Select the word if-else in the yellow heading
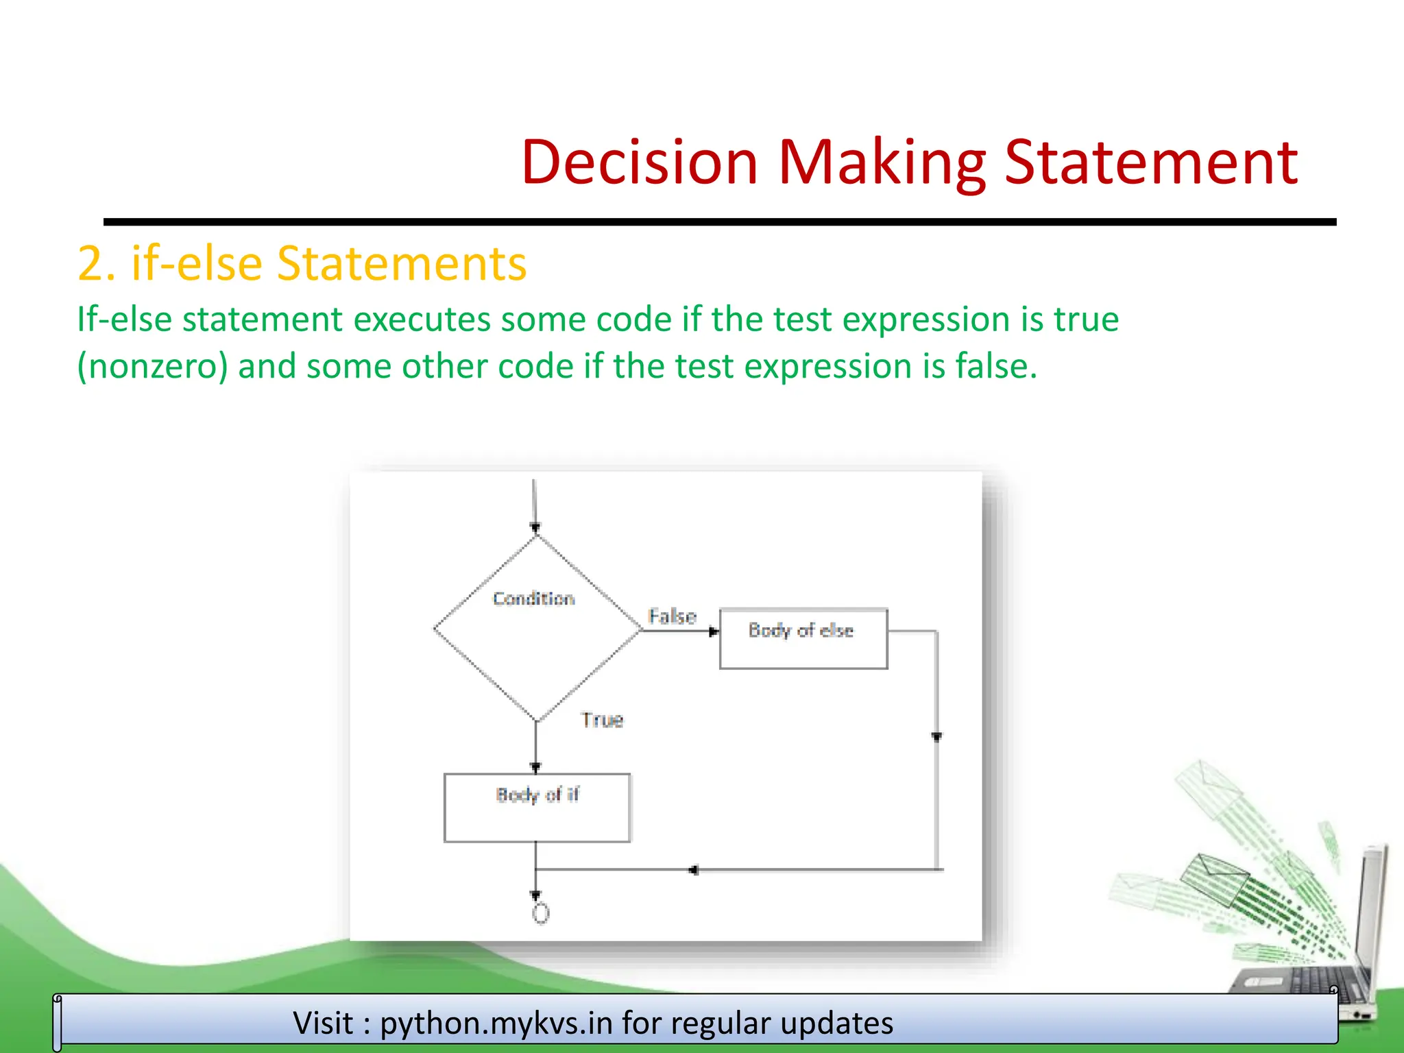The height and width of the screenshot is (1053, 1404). pos(196,264)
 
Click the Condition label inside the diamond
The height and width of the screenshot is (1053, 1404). pos(533,598)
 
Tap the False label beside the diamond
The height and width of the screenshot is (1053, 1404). pos(672,616)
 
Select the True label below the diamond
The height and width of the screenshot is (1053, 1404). pos(602,720)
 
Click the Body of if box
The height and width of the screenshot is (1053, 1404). pos(537,808)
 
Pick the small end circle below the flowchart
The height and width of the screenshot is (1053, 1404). pos(541,913)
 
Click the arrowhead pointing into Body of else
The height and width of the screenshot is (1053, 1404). pos(714,631)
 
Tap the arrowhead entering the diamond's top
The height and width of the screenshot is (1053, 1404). pos(535,528)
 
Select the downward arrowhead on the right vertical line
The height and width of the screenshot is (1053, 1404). pos(936,737)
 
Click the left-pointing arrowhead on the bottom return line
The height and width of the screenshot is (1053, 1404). pos(694,870)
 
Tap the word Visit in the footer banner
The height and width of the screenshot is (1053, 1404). pos(323,1023)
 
